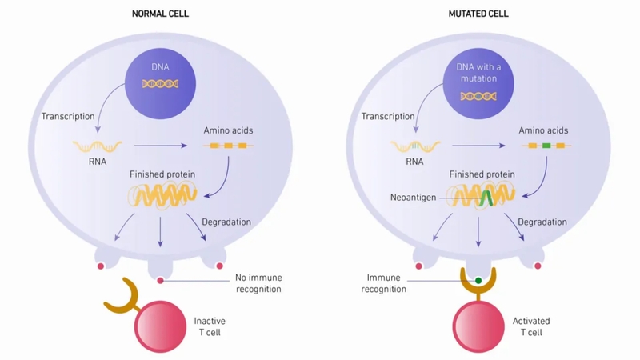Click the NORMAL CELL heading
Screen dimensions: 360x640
coord(165,14)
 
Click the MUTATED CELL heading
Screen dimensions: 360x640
coord(478,14)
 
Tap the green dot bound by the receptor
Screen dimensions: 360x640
coord(478,280)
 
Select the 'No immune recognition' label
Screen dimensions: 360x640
coord(258,283)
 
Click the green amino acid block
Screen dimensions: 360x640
coord(546,146)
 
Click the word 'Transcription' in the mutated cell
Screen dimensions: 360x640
coord(388,117)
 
